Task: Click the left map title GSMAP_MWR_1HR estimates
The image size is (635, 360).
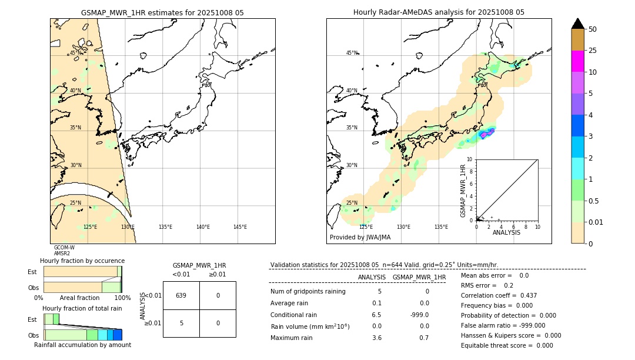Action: tap(162, 12)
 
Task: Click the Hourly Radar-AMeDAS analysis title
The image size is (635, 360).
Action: tap(439, 12)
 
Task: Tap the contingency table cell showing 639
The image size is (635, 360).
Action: tap(181, 295)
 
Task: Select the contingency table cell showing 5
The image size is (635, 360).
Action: tap(181, 323)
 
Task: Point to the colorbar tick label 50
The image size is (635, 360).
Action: tap(593, 29)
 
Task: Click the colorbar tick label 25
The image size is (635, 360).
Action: tap(593, 51)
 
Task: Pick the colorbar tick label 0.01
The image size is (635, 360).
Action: tap(596, 222)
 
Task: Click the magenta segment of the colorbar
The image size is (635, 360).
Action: tap(577, 61)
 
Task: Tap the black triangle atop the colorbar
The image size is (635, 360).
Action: tap(577, 24)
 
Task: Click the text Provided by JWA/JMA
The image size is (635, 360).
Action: tap(360, 238)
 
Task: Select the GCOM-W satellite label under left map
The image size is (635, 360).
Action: tap(64, 248)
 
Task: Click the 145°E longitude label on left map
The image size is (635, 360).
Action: tap(240, 227)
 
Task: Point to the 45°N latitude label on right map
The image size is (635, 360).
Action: tap(352, 53)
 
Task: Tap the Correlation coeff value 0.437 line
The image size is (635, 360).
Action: tap(499, 295)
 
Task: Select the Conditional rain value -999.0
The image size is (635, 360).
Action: tap(419, 315)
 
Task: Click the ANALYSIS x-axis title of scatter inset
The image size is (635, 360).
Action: tap(506, 232)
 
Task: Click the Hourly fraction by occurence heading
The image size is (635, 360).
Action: tap(82, 261)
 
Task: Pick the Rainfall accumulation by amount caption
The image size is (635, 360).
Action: tap(82, 345)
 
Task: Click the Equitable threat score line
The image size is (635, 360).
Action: tap(507, 345)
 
